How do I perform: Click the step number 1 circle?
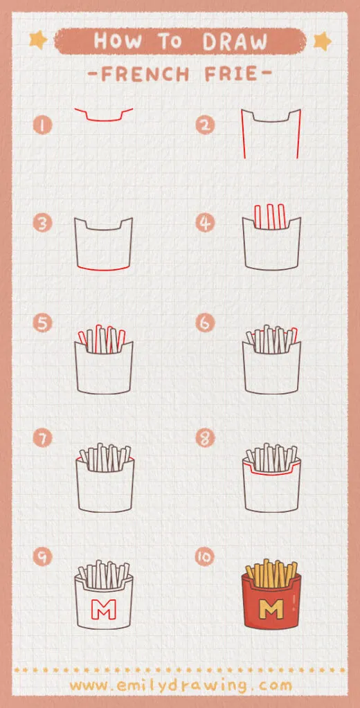pos(44,125)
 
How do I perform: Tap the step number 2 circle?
pos(205,125)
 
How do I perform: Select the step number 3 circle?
pos(44,224)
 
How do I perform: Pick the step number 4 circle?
pos(205,224)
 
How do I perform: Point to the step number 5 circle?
pos(44,323)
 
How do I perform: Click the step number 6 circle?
pos(205,323)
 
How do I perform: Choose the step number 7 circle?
pos(44,437)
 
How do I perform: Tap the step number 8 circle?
pos(205,437)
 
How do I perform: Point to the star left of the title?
pos(38,40)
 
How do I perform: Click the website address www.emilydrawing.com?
pos(180,685)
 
